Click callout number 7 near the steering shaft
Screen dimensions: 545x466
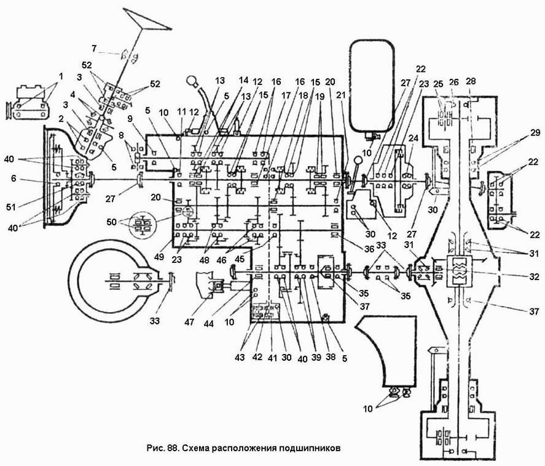point(94,49)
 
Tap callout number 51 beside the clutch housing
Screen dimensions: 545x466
point(11,207)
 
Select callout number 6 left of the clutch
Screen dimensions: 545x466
point(13,179)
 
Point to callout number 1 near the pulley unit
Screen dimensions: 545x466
point(61,76)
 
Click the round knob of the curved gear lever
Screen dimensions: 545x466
point(192,81)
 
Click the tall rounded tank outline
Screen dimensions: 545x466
point(372,85)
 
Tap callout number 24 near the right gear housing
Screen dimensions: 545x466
point(413,139)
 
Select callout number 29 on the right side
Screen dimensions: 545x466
point(535,132)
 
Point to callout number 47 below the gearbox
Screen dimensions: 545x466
point(189,322)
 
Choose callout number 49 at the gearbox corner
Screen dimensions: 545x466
point(160,257)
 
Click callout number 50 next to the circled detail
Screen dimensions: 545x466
point(112,222)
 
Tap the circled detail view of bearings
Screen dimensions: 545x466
point(143,223)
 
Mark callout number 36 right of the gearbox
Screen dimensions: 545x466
point(369,249)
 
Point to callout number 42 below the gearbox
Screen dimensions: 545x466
point(257,357)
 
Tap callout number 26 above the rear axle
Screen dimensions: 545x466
point(454,82)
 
